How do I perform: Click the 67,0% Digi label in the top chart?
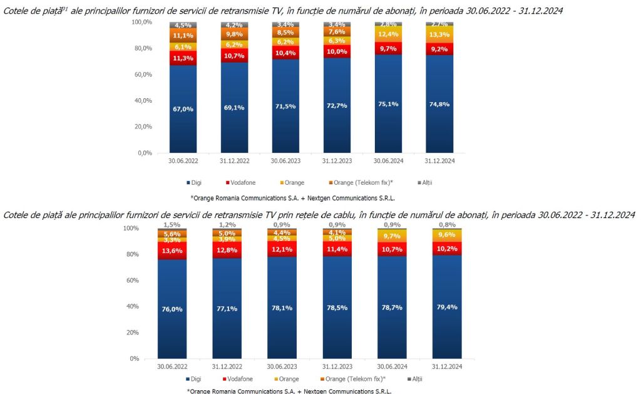click(x=183, y=109)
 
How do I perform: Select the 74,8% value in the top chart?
click(x=439, y=104)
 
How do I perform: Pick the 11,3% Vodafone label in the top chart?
click(x=183, y=58)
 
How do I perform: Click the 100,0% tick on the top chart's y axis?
click(x=142, y=22)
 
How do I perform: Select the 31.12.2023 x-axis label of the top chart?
click(x=336, y=161)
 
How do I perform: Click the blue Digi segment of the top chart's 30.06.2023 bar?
click(x=285, y=125)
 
